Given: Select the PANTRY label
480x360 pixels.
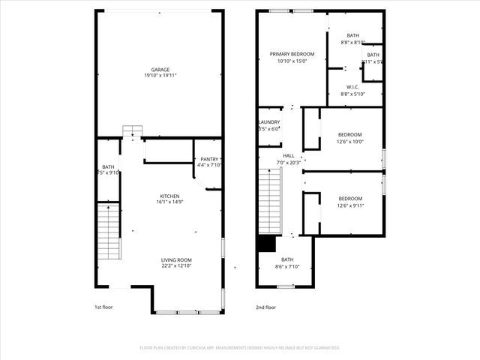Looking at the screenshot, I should click(x=208, y=159).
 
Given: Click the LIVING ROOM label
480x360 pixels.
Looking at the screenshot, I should click(x=177, y=259).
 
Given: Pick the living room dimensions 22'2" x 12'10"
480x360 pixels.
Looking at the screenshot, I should click(x=177, y=265).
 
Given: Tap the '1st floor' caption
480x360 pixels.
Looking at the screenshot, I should click(x=104, y=307).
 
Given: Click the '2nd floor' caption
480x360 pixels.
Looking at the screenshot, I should click(x=265, y=307).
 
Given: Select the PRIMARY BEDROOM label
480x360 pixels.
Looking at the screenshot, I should click(x=292, y=54).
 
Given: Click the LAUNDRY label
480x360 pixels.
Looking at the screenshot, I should click(x=269, y=122).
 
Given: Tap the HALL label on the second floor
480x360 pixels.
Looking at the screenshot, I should click(x=289, y=156).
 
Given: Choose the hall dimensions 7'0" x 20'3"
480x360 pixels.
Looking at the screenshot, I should click(x=289, y=163).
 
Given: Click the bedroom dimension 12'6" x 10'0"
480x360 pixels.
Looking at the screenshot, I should click(x=350, y=141).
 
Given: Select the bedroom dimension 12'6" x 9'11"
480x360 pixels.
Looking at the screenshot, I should click(x=350, y=205).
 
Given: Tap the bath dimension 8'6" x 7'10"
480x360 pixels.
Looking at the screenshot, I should click(x=287, y=266).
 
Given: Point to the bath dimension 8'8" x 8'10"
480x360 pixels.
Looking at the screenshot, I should click(x=353, y=43).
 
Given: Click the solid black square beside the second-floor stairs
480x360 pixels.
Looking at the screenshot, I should click(x=265, y=244).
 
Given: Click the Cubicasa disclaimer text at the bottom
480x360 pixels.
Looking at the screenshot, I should click(x=240, y=348).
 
